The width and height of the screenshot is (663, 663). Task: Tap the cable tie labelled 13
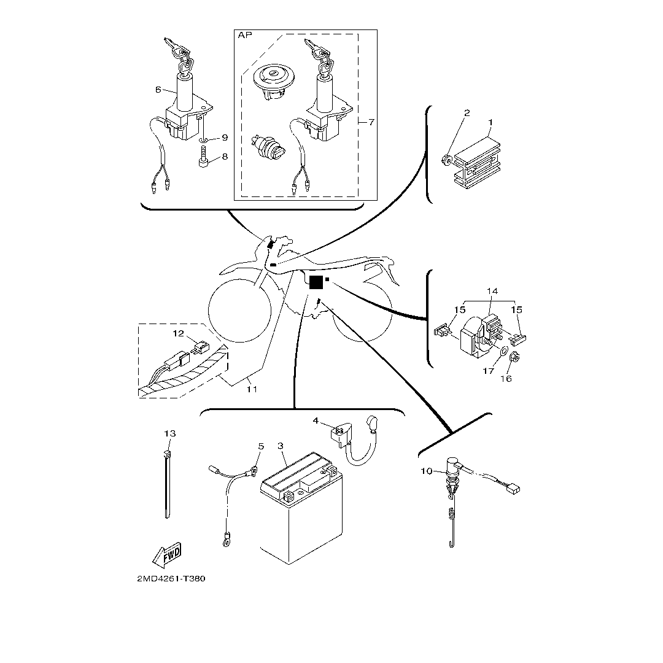click(168, 485)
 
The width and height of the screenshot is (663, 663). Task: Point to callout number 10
click(427, 471)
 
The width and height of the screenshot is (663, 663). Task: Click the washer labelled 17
click(502, 352)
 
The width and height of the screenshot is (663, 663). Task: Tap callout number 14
click(492, 291)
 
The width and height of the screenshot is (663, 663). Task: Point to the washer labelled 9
click(204, 138)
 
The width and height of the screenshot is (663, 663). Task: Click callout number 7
click(371, 122)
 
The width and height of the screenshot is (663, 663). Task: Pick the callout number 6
click(158, 90)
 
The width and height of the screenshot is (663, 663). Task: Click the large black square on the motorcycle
click(316, 282)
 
